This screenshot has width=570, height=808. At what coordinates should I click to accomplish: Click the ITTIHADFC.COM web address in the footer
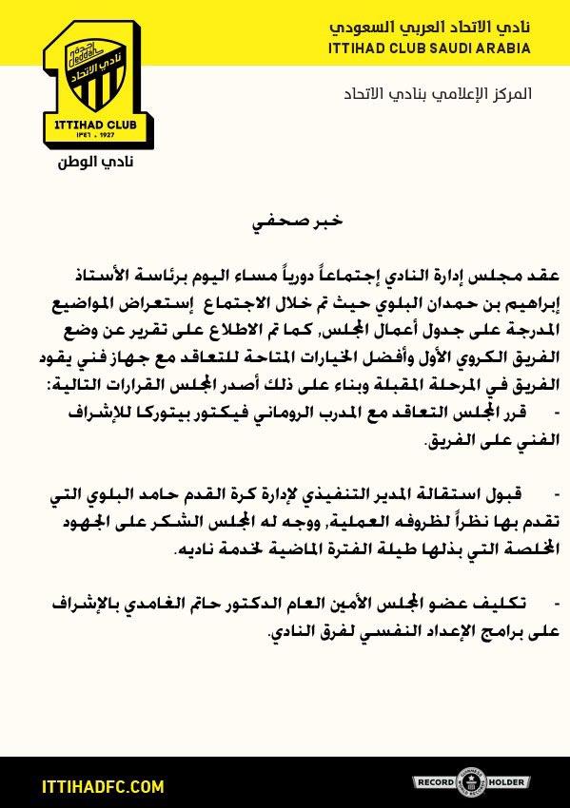point(91,787)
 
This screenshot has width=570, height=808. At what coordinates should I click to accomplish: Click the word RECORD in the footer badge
point(437,782)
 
